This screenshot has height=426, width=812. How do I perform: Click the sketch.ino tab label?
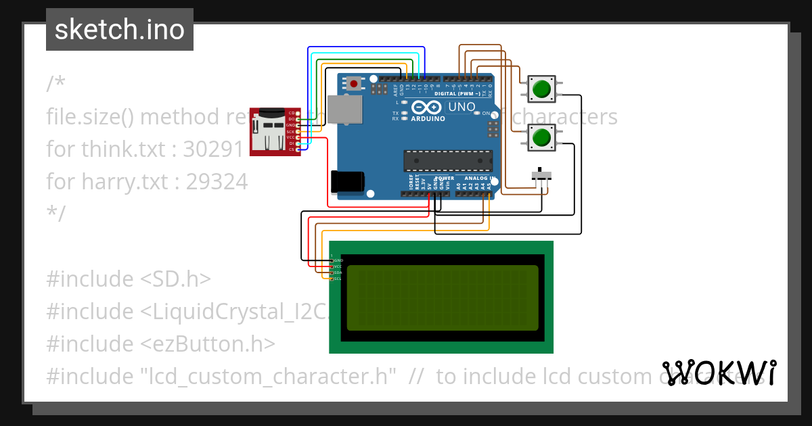coord(120,30)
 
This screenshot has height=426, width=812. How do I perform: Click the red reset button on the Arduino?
coord(353,84)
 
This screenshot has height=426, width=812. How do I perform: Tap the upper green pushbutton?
coord(541,89)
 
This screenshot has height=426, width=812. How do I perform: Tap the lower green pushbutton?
coord(541,138)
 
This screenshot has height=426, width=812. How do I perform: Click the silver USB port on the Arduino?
coord(344,109)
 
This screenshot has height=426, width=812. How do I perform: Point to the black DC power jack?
coord(348,182)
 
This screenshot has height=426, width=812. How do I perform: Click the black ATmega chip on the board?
coord(447,160)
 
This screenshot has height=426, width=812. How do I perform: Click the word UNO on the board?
coord(462,107)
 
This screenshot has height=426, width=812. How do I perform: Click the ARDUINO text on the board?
coord(428,118)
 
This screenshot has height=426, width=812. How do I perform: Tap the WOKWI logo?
coord(719,373)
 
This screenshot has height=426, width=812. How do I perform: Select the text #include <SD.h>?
coord(129,279)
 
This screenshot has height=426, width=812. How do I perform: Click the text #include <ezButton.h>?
coord(160,344)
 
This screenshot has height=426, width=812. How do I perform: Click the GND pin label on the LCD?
coord(338,260)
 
